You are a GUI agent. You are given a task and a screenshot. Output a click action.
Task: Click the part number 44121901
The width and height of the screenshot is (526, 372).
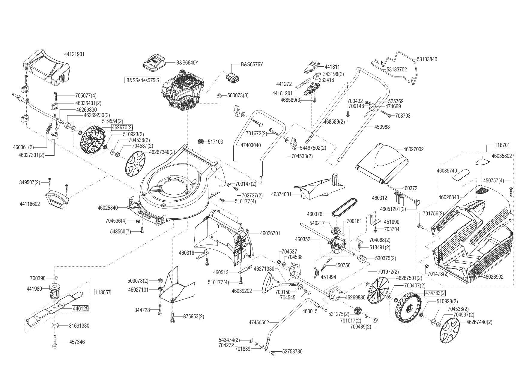[74, 54]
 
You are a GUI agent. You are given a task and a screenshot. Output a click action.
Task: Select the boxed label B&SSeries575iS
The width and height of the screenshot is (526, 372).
[142, 80]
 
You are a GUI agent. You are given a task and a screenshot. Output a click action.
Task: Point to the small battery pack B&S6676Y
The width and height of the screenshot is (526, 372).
[233, 79]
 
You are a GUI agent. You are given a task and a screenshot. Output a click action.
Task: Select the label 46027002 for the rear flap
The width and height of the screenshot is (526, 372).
[413, 149]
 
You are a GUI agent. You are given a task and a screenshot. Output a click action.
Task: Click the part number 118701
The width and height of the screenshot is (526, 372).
[502, 145]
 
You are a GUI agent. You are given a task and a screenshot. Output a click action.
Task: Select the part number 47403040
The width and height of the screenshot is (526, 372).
[251, 145]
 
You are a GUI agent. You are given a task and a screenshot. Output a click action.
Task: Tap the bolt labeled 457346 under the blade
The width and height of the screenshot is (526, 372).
[55, 342]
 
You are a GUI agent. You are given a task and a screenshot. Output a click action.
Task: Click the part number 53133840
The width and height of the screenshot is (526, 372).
[427, 59]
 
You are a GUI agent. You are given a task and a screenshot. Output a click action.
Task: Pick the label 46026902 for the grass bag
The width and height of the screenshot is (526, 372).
[493, 277]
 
